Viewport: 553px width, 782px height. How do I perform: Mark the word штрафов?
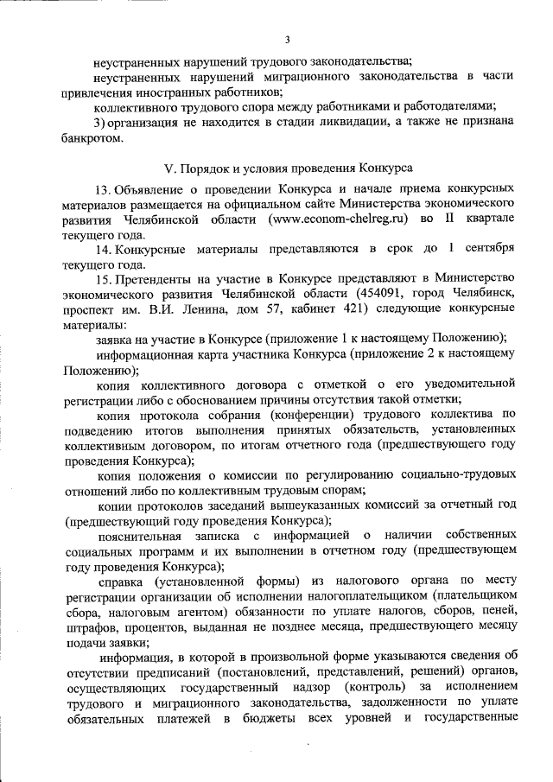[x=87, y=625]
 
